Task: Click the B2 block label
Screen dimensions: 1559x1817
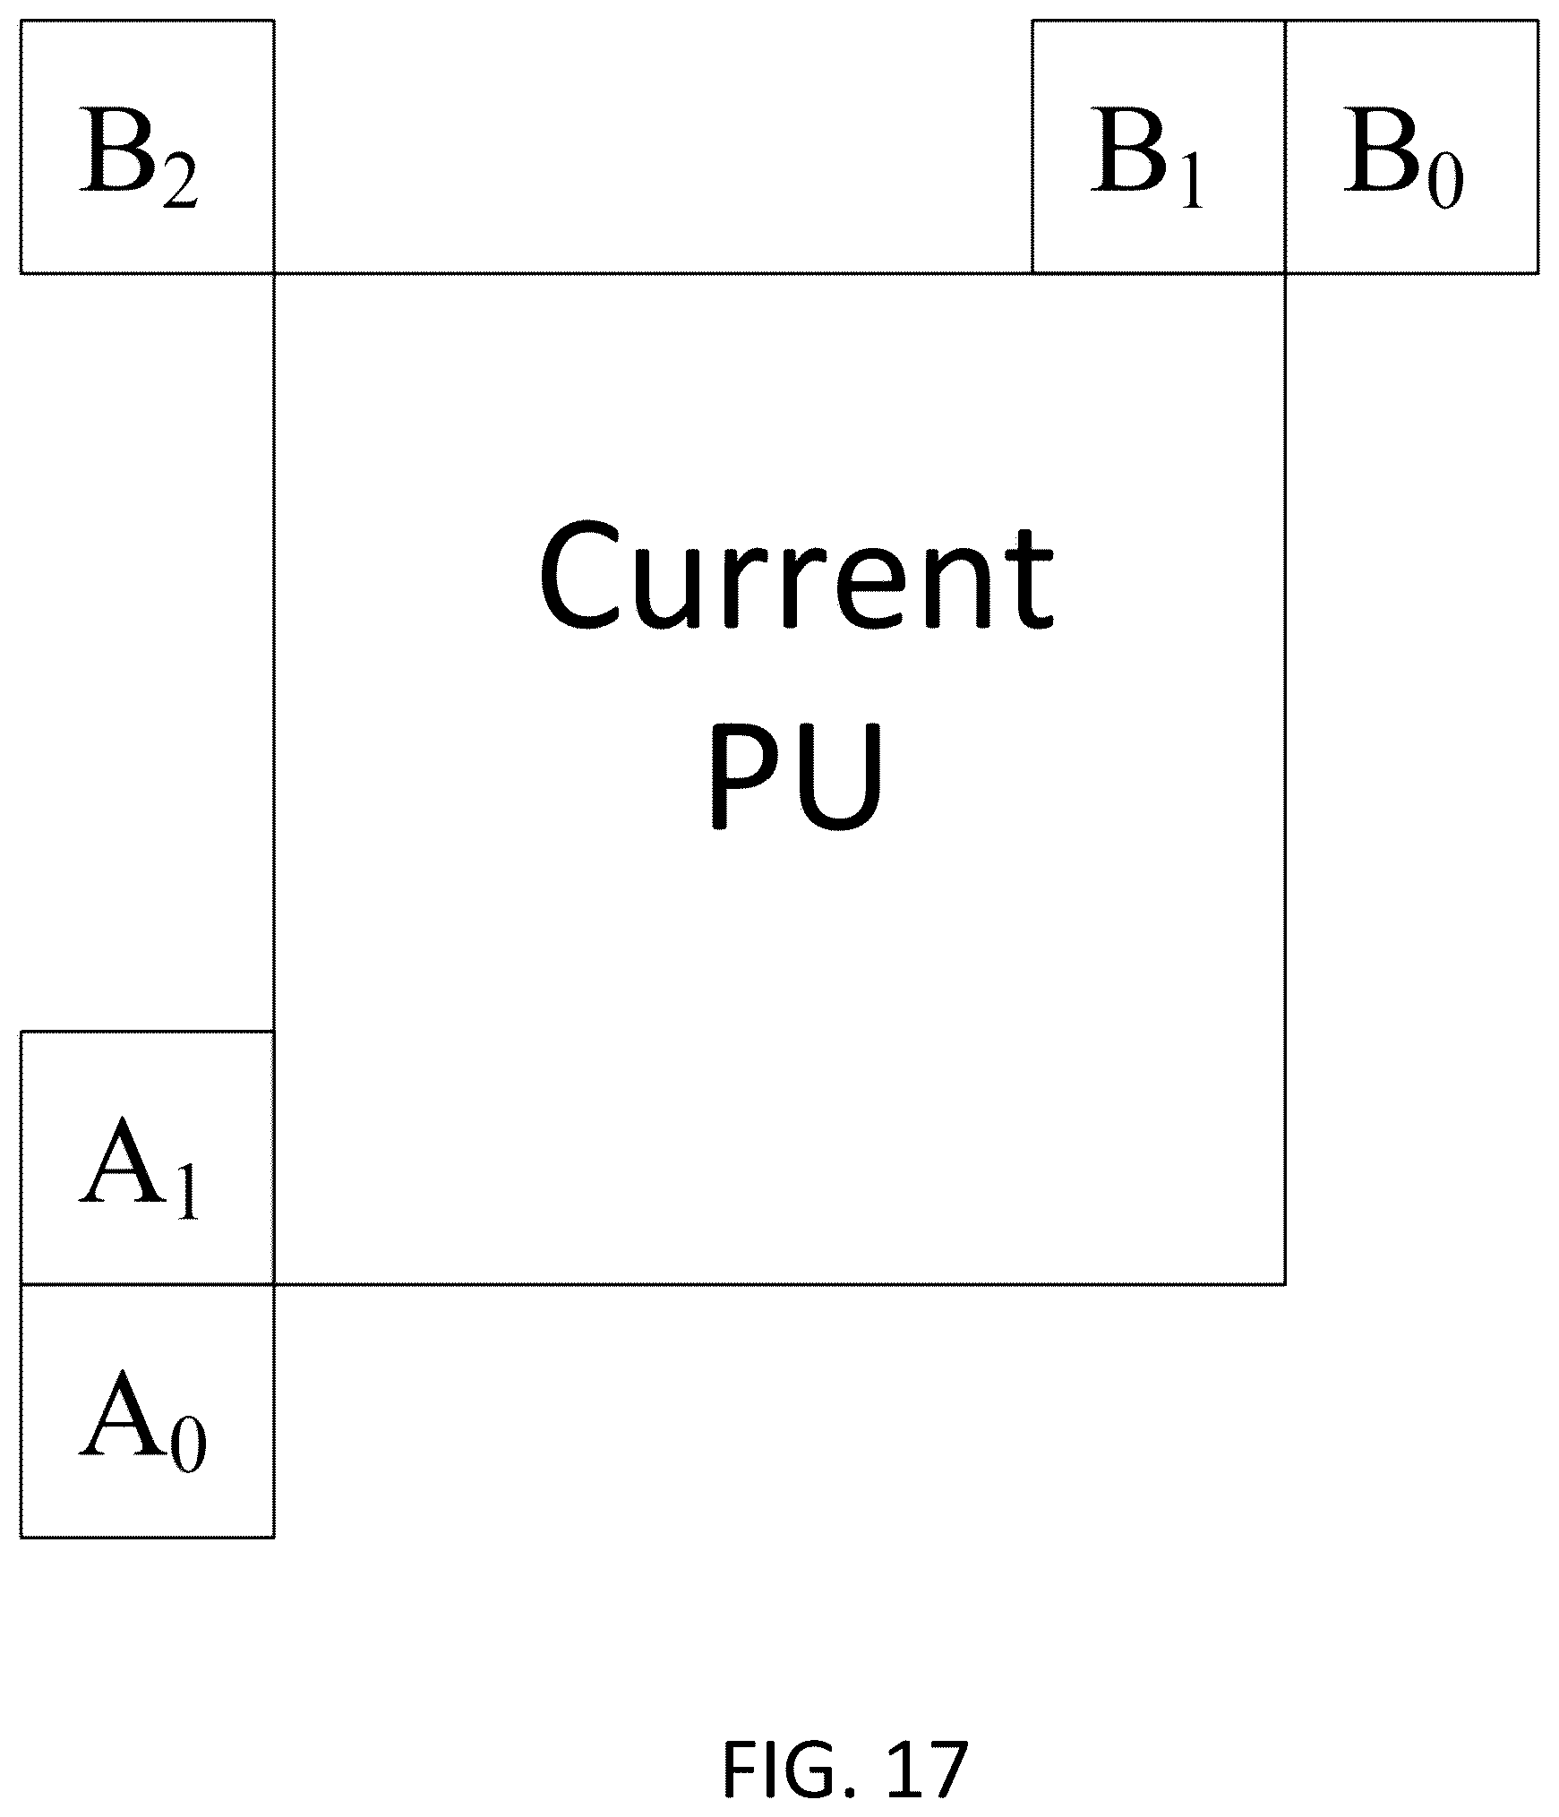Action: point(139,157)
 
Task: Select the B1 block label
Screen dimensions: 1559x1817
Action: point(1147,157)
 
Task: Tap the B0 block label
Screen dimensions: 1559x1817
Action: point(1403,157)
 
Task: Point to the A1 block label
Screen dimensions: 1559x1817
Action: point(139,1168)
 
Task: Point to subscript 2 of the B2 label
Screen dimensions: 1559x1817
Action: point(180,183)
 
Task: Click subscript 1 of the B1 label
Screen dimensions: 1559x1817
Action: point(1191,183)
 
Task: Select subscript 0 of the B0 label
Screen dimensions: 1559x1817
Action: point(1446,183)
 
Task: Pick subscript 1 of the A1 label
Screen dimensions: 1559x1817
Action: point(185,1194)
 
